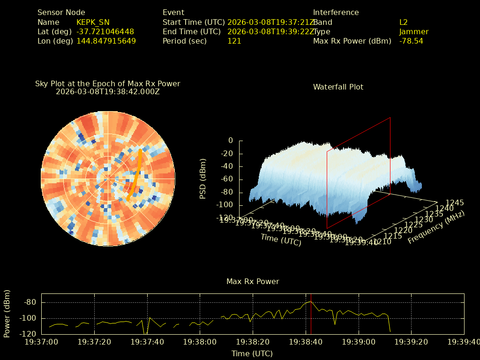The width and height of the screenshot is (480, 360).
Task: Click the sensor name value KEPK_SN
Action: [93, 22]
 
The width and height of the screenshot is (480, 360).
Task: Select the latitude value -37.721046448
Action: [105, 32]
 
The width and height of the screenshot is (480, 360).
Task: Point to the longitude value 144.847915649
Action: [106, 41]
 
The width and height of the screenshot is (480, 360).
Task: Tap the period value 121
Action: [234, 41]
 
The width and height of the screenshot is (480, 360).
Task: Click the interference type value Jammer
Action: [413, 32]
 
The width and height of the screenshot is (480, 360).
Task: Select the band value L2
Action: [403, 22]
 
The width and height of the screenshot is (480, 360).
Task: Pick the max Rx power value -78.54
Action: [411, 41]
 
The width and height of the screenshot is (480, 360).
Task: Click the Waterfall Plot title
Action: [338, 87]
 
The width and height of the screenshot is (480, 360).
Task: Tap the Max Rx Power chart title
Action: [253, 282]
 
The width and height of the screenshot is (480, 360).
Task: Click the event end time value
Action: [271, 32]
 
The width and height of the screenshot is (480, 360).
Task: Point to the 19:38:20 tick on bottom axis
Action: [253, 342]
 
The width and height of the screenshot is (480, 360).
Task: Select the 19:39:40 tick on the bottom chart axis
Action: [464, 342]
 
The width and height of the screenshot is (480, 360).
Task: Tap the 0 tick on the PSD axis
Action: [230, 141]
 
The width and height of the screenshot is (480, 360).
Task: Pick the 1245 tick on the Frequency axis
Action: [455, 203]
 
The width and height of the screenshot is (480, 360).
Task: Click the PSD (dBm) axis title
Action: [203, 179]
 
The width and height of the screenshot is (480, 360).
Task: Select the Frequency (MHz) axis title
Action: [436, 228]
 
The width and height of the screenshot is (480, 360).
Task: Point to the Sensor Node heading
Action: [61, 13]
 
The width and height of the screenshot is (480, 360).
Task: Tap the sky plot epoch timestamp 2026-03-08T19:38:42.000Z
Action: [108, 92]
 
